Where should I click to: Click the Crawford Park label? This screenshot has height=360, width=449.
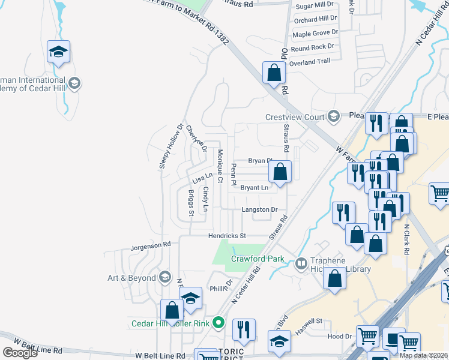coord(258,259)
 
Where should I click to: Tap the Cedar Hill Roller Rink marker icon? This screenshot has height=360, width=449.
coord(219,323)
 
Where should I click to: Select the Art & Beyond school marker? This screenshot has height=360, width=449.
coord(165,277)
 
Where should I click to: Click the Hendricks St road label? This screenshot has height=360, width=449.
coord(228,236)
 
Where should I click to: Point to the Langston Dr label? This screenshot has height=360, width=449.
coord(259,210)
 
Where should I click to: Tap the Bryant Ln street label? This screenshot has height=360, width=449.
coord(253,188)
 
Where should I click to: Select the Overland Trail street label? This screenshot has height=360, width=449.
coord(310,61)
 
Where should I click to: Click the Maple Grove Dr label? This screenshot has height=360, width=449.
coord(315,34)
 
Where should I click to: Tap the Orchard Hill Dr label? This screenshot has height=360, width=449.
coord(315,20)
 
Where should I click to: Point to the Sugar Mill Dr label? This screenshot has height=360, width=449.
coord(315,5)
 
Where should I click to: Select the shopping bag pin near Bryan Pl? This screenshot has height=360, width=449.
coord(280,172)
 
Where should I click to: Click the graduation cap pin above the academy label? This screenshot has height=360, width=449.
coord(58,52)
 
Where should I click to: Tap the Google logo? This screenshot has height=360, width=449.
coord(19,352)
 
